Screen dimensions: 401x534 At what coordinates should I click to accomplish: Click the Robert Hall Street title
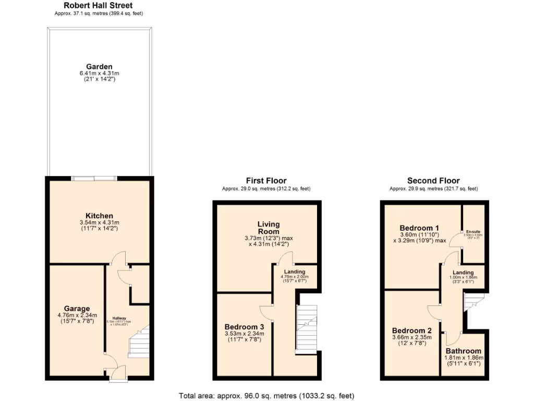98,6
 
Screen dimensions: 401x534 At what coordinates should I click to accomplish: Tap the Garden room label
99,67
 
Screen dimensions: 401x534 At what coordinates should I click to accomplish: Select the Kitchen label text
99,216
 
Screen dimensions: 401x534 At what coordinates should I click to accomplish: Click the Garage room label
77,309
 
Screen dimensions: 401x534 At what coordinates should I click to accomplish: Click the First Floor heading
266,181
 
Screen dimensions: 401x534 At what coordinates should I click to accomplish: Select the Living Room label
268,228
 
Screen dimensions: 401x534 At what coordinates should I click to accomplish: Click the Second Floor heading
433,181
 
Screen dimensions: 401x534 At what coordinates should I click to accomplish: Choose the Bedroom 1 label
419,228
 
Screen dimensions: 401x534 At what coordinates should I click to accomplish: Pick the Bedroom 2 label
412,331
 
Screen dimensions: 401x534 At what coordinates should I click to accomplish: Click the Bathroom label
464,351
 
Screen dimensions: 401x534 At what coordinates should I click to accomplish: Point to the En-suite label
474,231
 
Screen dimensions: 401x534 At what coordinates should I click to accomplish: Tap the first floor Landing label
295,271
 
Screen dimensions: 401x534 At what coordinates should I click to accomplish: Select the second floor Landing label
463,273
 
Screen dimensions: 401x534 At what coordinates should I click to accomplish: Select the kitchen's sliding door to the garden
94,179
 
